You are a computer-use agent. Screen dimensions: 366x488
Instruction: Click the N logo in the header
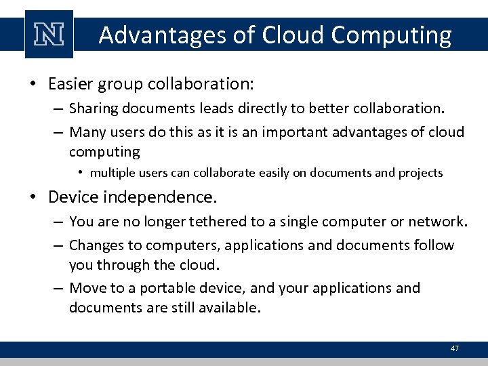click(48, 35)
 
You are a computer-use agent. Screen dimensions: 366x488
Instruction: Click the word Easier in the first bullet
click(70, 84)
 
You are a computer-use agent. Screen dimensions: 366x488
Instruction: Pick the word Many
click(86, 131)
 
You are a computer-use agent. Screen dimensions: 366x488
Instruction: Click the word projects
click(422, 173)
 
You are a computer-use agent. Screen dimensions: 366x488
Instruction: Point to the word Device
click(72, 198)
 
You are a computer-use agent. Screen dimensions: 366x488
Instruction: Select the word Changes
click(94, 245)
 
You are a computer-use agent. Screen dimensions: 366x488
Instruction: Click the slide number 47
click(454, 348)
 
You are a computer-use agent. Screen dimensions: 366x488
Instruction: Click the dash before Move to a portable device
click(59, 287)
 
